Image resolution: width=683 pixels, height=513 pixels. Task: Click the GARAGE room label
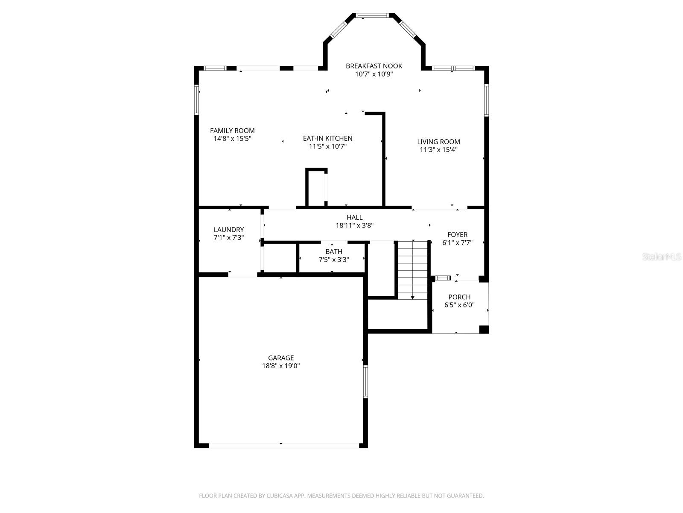tap(280, 358)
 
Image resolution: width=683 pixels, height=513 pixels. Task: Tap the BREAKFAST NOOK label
tap(374, 66)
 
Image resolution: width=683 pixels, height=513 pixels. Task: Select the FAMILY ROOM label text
tap(232, 131)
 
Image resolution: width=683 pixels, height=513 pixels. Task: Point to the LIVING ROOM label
tap(438, 142)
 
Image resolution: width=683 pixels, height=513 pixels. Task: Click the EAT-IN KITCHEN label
tap(328, 138)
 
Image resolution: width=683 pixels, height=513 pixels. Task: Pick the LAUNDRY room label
tap(229, 230)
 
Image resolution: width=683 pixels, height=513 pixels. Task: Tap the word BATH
tap(334, 251)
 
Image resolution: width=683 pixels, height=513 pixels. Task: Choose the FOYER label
tap(458, 235)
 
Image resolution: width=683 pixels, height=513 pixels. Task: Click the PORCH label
tap(459, 297)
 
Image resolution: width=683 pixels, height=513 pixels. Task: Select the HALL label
tap(354, 217)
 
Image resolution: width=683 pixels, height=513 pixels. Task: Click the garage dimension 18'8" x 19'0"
tap(280, 366)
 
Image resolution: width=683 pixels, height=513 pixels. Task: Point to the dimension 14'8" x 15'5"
tap(232, 139)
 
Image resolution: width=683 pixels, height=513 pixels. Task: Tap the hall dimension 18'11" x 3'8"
tap(354, 225)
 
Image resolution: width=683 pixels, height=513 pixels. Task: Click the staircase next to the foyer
tap(413, 270)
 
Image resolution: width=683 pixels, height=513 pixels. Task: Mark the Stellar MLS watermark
tap(662, 256)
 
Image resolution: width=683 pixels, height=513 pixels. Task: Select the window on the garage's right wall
tap(365, 382)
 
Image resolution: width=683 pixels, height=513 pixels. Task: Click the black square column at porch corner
tap(484, 330)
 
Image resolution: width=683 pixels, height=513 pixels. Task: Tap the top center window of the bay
tap(372, 15)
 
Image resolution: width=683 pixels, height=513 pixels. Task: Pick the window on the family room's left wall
tap(196, 100)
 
